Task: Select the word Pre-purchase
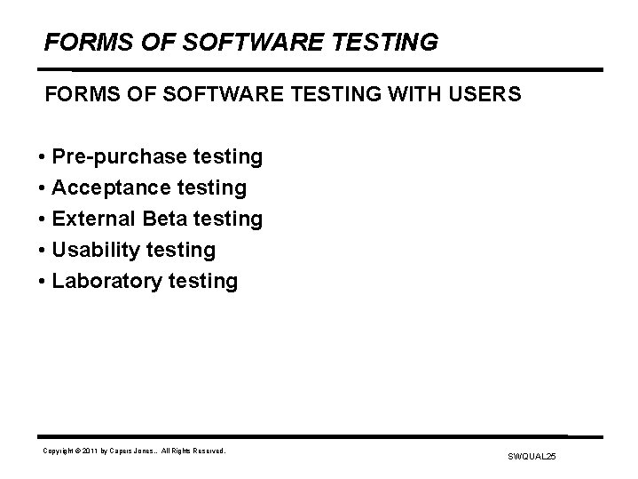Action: pyautogui.click(x=119, y=157)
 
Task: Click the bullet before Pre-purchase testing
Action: pyautogui.click(x=42, y=158)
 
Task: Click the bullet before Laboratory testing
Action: pyautogui.click(x=42, y=283)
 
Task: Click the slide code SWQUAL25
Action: pyautogui.click(x=532, y=456)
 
